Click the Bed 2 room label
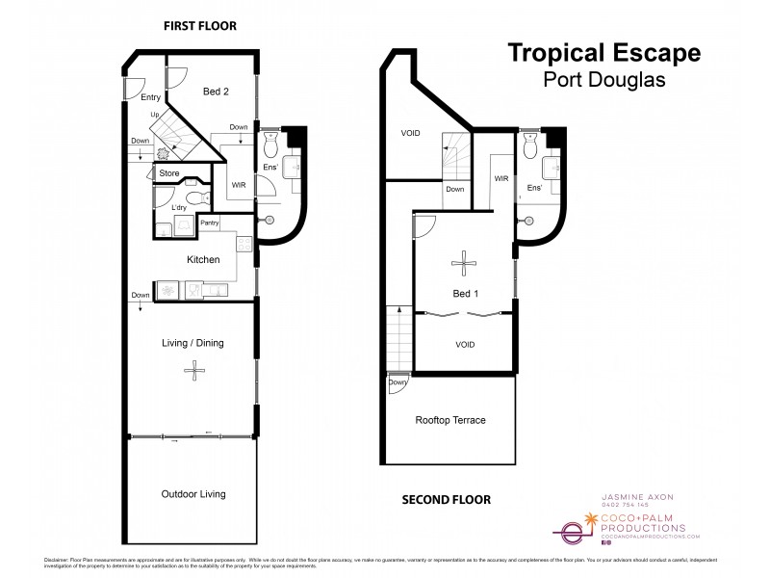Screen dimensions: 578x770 click(x=216, y=92)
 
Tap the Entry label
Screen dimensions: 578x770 click(x=150, y=97)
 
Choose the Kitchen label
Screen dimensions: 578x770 click(x=203, y=259)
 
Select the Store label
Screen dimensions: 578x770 click(x=169, y=173)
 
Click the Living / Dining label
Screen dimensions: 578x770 click(x=195, y=339)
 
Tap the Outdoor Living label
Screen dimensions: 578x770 click(x=193, y=494)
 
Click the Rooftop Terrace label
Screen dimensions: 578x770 click(x=449, y=420)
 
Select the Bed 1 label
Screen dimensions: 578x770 click(x=464, y=294)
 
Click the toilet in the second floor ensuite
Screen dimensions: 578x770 click(x=529, y=147)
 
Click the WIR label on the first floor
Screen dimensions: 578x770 click(x=240, y=185)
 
